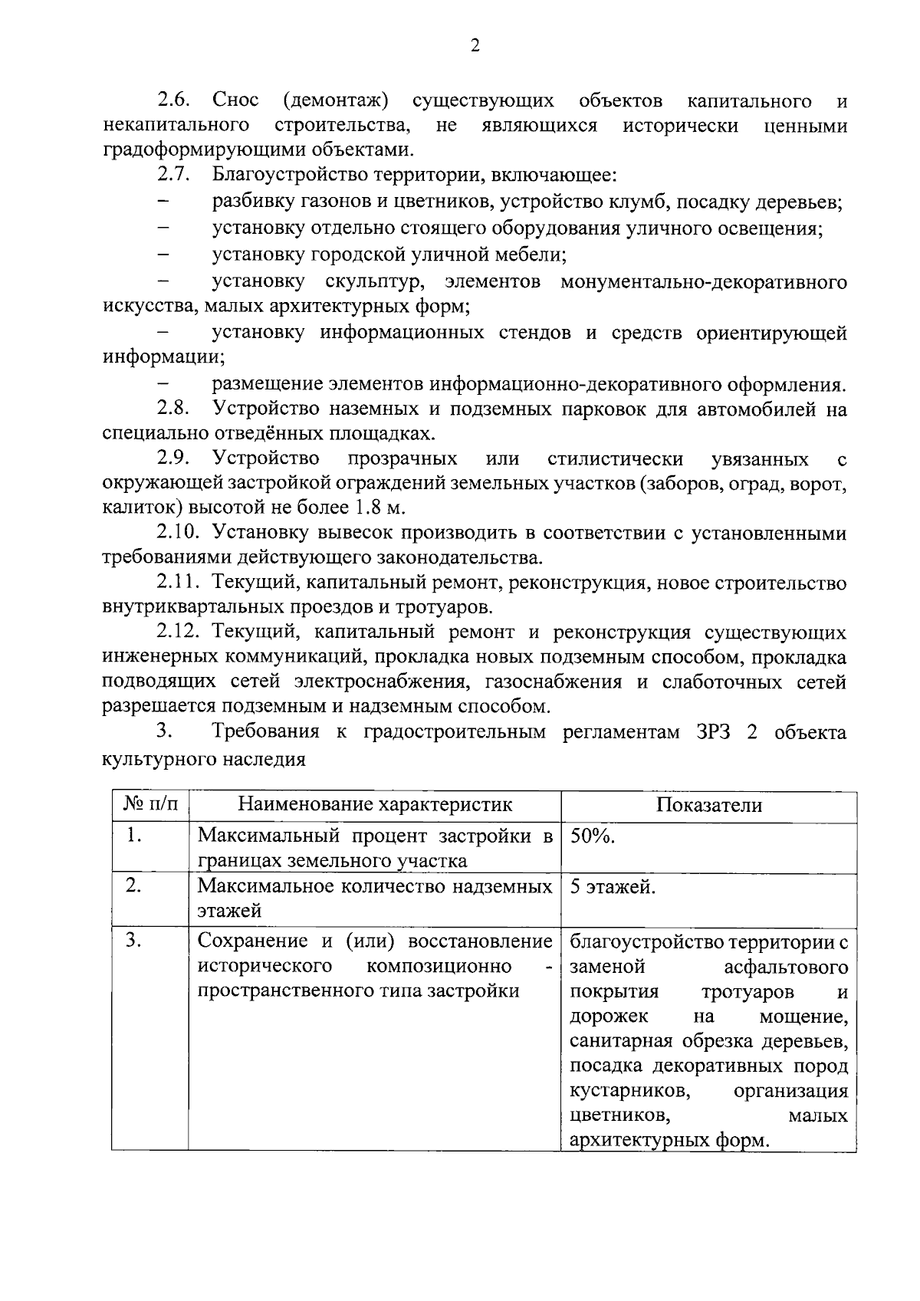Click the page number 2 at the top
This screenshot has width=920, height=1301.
(x=475, y=46)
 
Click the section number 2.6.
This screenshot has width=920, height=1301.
(x=175, y=100)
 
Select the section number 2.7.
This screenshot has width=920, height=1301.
(x=174, y=175)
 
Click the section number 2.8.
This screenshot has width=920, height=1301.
(x=174, y=409)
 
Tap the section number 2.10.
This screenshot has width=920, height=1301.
(x=179, y=532)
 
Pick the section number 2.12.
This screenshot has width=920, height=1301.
(x=179, y=632)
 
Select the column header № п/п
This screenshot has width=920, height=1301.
(x=150, y=805)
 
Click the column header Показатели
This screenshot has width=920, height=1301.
(x=708, y=805)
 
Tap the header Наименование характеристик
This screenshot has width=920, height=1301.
(x=375, y=805)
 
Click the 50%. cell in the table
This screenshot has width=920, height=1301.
(x=593, y=836)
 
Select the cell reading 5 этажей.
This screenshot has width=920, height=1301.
(x=613, y=888)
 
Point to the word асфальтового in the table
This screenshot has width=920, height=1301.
(x=785, y=966)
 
